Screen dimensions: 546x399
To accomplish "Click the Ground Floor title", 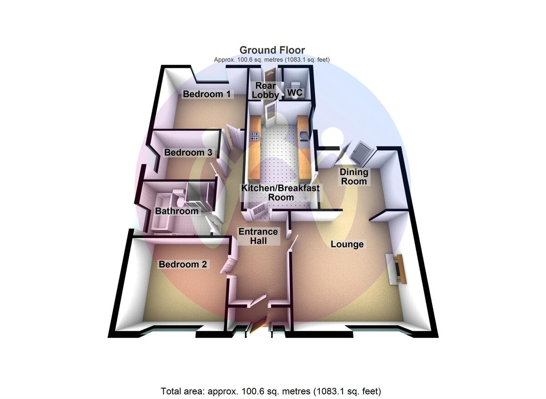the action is [x=272, y=50].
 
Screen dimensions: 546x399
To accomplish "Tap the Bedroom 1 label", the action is [x=207, y=94].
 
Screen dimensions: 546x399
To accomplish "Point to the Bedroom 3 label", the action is [x=188, y=152].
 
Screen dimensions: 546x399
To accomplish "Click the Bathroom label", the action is [x=177, y=211].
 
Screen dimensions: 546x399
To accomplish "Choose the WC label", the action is [x=295, y=93].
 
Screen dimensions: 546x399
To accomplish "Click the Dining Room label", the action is [x=354, y=177].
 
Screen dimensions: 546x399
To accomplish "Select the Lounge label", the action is [x=347, y=244].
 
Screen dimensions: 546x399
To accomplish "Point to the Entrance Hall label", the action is [x=258, y=236].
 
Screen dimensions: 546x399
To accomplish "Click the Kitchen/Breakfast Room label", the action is [x=280, y=192].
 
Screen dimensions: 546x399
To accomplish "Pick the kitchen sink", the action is [x=304, y=135].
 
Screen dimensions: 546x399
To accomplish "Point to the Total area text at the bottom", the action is [x=271, y=391].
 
